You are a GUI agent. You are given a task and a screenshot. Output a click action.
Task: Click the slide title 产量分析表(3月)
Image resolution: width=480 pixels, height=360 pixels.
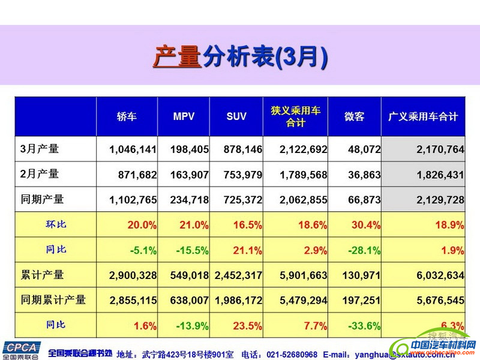pos(240,58)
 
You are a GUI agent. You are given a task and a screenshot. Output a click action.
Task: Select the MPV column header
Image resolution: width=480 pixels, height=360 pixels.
pos(184,116)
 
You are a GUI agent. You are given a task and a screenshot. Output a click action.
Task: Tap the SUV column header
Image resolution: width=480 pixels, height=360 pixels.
pos(236,116)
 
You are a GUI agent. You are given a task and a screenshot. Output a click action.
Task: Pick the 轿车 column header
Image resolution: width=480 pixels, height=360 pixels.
pos(127,116)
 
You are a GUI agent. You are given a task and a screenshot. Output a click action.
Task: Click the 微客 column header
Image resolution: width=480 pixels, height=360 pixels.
pos(354,116)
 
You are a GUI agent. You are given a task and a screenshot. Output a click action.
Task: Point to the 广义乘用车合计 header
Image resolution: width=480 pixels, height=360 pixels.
pos(423,116)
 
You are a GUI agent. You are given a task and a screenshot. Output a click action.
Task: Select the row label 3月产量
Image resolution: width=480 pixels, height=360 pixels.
pos(40,149)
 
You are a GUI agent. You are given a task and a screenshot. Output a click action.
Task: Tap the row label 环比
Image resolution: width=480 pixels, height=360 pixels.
pos(56,224)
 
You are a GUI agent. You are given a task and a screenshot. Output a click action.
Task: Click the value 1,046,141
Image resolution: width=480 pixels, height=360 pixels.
pos(133,149)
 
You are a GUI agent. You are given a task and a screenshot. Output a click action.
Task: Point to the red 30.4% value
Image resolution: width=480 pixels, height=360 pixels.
pos(365,225)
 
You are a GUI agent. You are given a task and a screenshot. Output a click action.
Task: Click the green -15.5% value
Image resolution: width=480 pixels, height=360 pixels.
pos(193,250)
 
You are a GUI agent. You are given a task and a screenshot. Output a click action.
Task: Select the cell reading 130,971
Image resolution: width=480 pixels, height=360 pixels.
pos(360,275)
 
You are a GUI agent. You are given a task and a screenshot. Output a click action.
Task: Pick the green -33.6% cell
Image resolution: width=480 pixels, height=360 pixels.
pos(364,326)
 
